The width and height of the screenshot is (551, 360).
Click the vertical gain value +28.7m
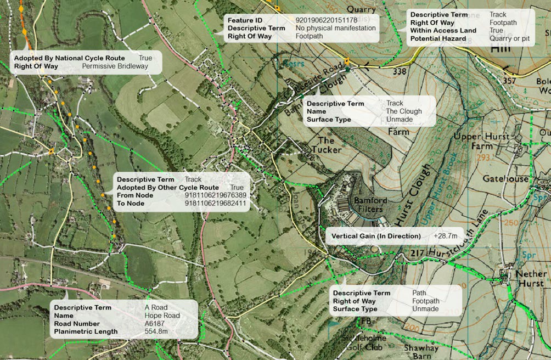coord(445,236)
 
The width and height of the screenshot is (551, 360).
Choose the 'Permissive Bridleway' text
coord(115,66)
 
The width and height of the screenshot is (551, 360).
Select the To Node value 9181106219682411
coord(216,204)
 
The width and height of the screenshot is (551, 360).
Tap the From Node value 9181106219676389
coord(216,195)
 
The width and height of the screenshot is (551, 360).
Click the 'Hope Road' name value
coord(162,316)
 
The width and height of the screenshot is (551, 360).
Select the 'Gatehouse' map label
coord(505,179)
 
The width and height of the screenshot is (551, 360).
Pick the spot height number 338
coord(400,71)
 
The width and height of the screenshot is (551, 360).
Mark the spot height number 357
coord(509,81)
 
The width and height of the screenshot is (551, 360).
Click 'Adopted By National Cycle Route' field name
coord(69,58)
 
